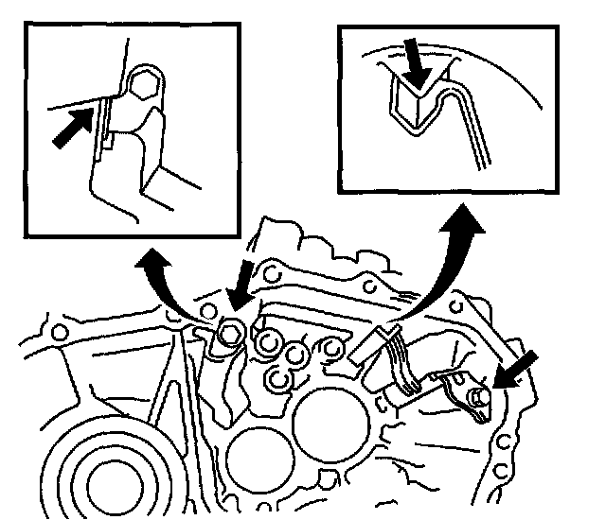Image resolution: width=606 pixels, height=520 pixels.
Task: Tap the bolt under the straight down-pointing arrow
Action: point(228,333)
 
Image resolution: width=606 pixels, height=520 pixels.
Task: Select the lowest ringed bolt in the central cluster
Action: point(278,379)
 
